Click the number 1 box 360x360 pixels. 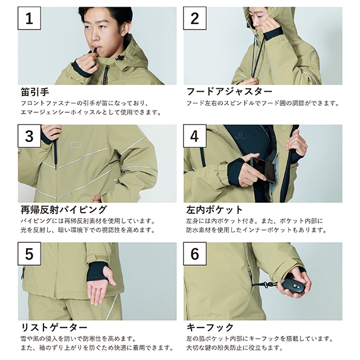30,18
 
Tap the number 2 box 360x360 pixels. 194,18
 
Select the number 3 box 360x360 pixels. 30,136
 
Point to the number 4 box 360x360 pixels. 194,136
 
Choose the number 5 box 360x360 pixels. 30,254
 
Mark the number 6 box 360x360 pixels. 194,254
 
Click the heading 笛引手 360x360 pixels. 35,92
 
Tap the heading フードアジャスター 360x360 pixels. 229,92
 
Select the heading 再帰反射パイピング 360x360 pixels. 63,210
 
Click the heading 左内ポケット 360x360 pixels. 214,210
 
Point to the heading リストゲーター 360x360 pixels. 54,327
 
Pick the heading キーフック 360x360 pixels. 210,327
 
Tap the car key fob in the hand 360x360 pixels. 294,285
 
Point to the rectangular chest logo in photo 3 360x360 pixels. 76,144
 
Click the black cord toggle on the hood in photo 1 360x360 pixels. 120,57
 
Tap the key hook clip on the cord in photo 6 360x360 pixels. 266,285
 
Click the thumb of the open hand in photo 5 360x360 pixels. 112,277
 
